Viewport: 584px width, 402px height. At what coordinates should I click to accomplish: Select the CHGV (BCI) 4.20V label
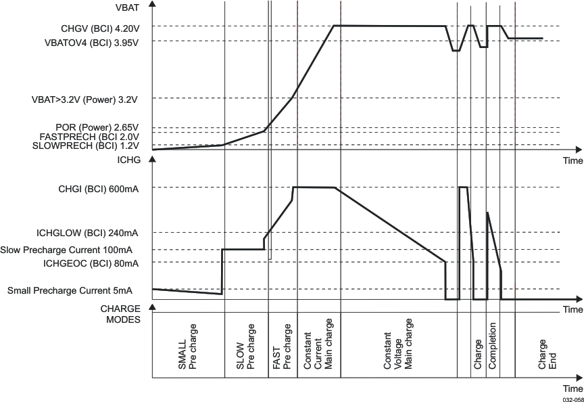(99, 29)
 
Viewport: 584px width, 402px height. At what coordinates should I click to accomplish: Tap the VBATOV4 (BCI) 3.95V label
(91, 43)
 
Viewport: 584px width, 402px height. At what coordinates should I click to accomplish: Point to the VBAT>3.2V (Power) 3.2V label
(84, 99)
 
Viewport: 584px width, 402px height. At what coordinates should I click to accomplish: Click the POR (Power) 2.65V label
(97, 127)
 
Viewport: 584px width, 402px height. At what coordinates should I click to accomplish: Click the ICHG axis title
(128, 161)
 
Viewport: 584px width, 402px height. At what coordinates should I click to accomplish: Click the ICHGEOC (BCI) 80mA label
(91, 263)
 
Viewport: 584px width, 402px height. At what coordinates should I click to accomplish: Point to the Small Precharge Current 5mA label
(70, 291)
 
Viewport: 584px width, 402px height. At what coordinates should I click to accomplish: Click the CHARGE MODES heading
(120, 314)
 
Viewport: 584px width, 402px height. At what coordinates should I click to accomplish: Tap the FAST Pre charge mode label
(282, 349)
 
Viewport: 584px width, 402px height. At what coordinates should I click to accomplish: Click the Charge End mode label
(547, 354)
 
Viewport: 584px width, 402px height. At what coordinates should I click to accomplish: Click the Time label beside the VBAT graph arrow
(573, 161)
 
